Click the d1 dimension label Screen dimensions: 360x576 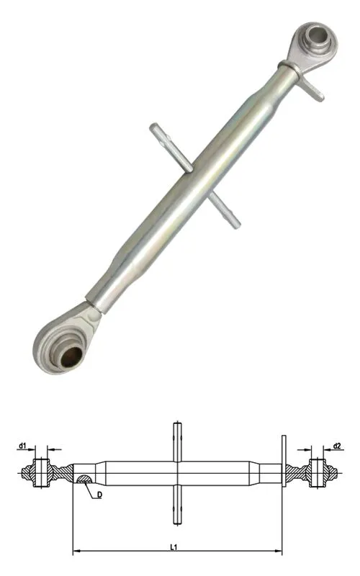click(22, 446)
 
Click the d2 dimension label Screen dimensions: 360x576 click(337, 446)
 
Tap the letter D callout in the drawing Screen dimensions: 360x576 click(99, 495)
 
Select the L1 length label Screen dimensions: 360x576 click(174, 547)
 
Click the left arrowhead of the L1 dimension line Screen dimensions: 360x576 click(76, 551)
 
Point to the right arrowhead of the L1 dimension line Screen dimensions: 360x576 click(279, 551)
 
